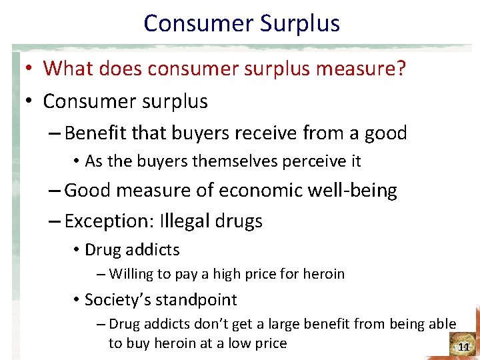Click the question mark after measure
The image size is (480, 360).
pyautogui.click(x=401, y=68)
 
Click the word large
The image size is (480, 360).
pyautogui.click(x=283, y=325)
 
